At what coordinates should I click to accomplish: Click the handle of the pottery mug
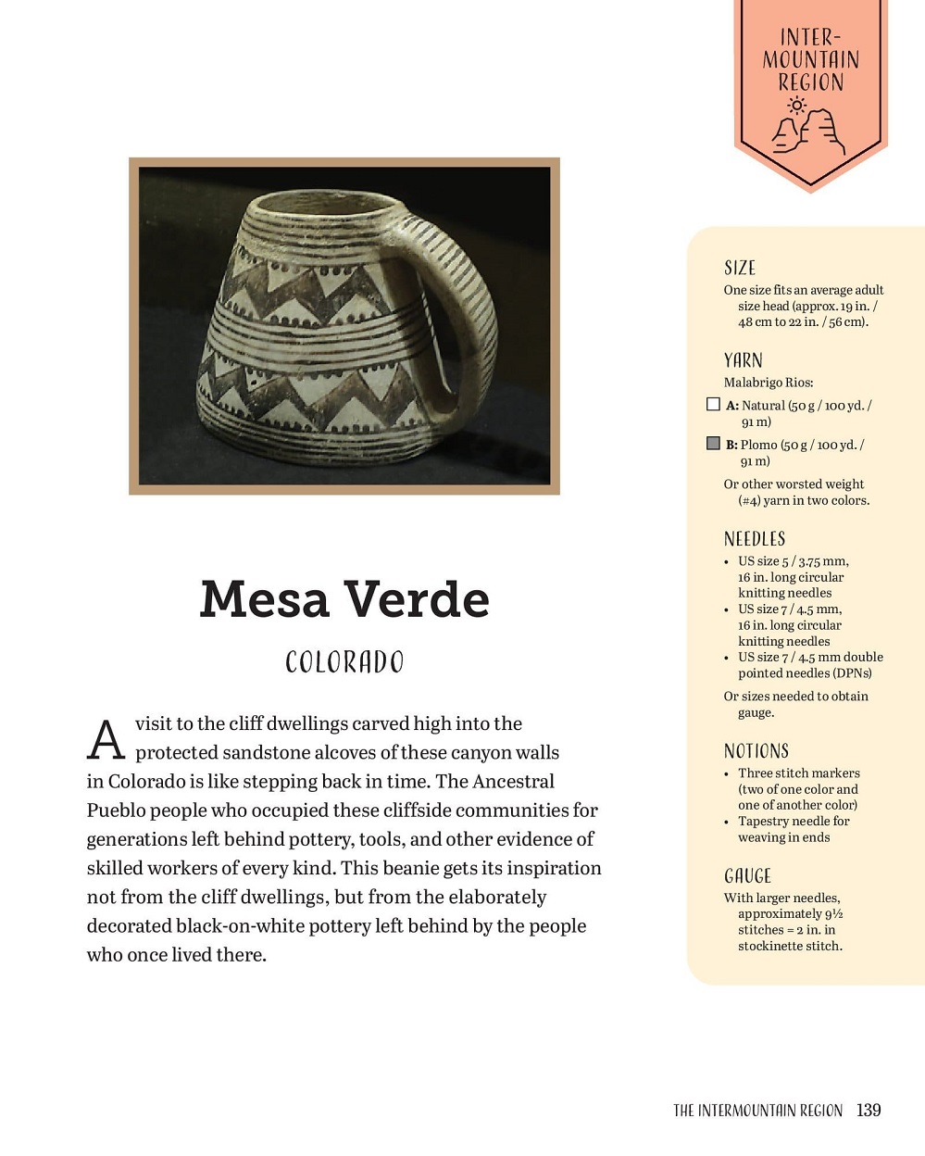tap(468, 306)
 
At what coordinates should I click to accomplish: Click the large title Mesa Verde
tap(344, 599)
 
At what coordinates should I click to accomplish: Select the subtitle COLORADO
tap(344, 662)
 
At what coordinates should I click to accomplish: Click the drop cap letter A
tap(106, 740)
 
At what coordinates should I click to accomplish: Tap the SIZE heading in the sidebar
tap(740, 269)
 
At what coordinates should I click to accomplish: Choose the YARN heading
tap(743, 360)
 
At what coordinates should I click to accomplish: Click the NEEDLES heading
tap(754, 539)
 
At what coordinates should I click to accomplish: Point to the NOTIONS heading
tap(756, 751)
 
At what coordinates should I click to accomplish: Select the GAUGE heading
tap(747, 876)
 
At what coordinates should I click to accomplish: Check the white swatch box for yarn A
tap(713, 404)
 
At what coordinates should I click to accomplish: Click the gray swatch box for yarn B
tap(713, 444)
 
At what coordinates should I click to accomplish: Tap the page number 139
tap(869, 1110)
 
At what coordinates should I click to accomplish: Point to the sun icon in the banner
tap(795, 105)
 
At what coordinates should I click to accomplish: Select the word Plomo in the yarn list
tap(758, 445)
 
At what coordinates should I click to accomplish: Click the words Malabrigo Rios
tap(768, 383)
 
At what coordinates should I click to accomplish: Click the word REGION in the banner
tap(810, 82)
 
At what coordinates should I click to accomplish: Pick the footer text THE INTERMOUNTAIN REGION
tap(757, 1111)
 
